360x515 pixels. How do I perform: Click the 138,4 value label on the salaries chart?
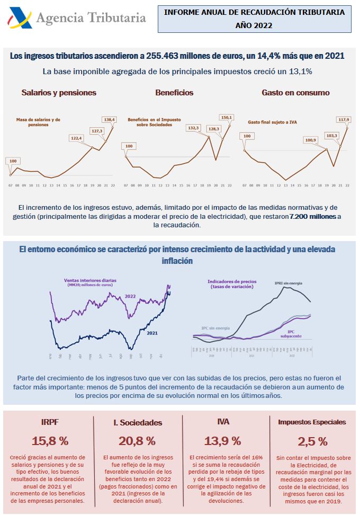(x=110, y=120)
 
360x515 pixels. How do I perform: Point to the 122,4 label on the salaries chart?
(x=77, y=138)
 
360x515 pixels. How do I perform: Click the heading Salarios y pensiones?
(x=59, y=93)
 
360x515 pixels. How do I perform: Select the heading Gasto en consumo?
(x=295, y=93)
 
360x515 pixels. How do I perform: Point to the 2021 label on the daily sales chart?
(x=152, y=333)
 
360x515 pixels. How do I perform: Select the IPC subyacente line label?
(x=294, y=333)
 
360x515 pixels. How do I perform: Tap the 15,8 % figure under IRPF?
(x=50, y=441)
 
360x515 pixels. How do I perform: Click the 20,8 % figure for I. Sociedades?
(x=137, y=441)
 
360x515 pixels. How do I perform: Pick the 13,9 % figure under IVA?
(x=223, y=441)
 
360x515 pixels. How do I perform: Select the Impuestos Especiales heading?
(x=312, y=422)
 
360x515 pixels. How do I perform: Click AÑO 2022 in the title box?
(x=254, y=25)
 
